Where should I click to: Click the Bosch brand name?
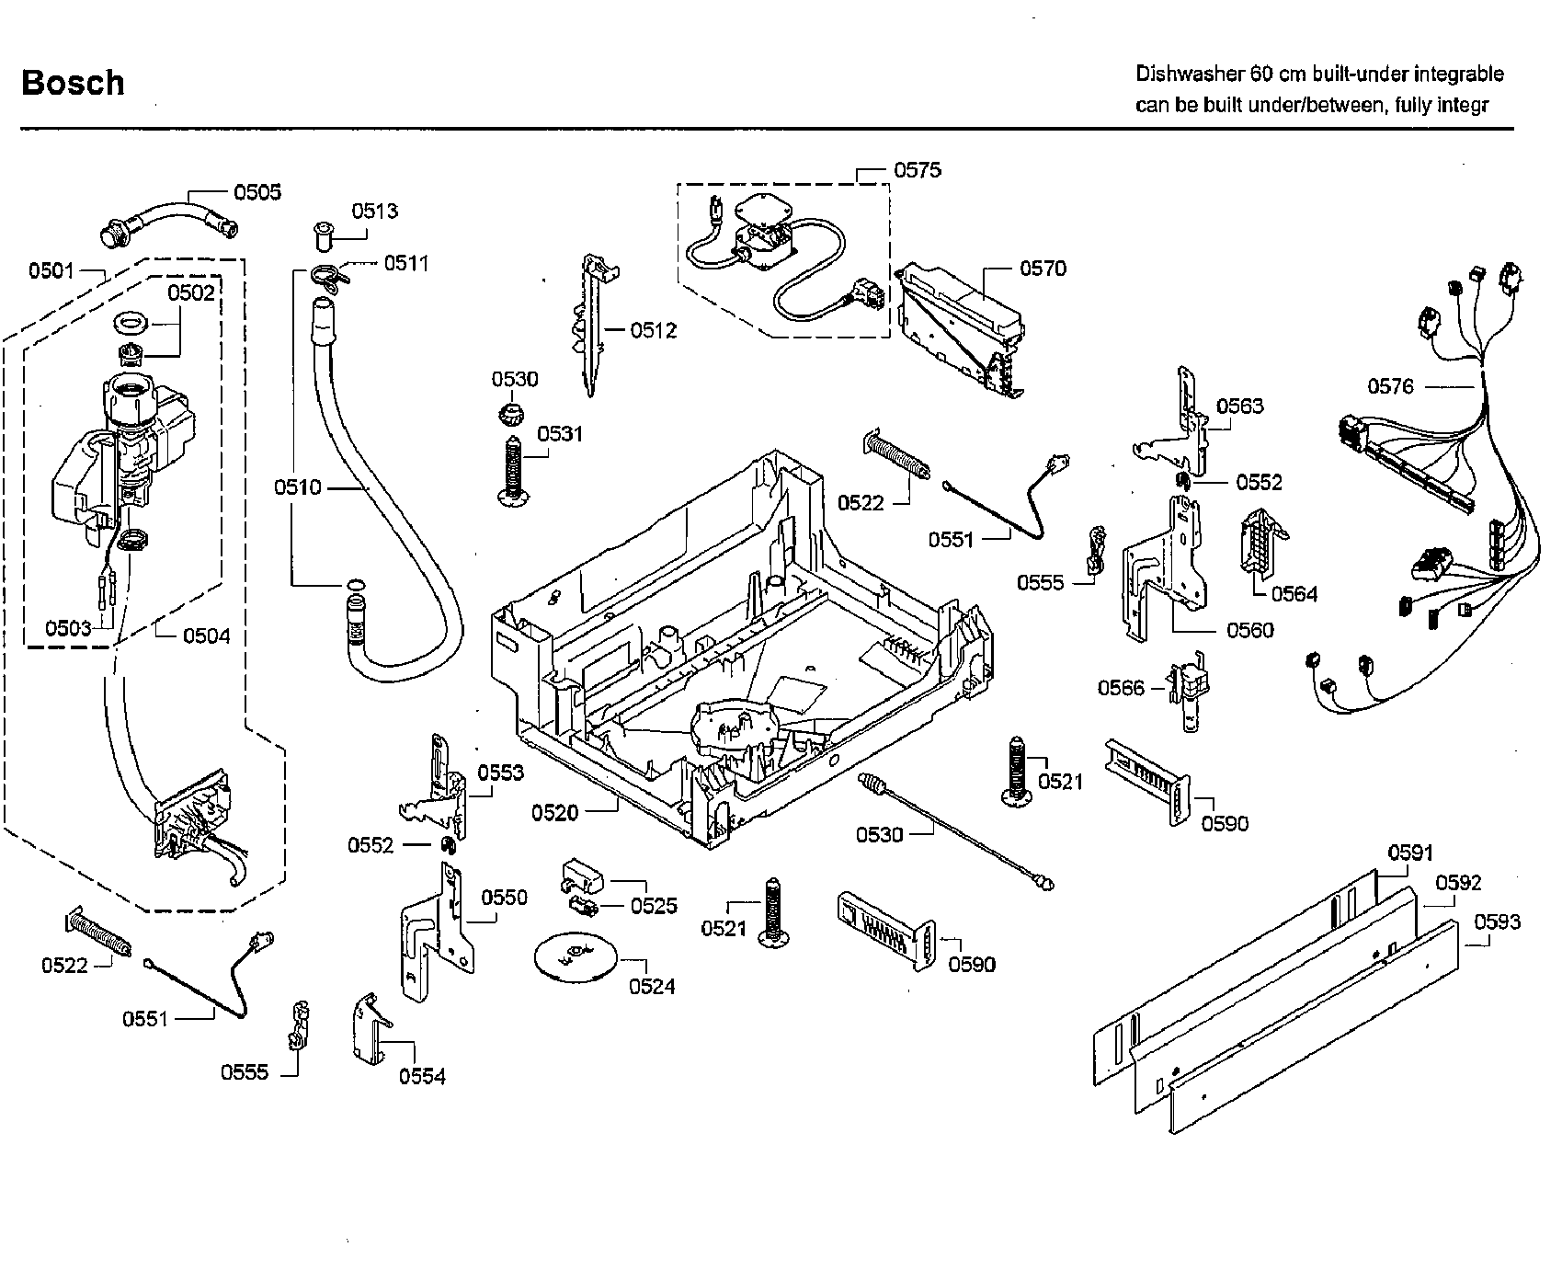click(73, 83)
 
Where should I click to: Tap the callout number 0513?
click(374, 212)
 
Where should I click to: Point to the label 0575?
click(917, 170)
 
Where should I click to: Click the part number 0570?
click(1043, 269)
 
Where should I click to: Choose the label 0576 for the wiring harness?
click(1390, 387)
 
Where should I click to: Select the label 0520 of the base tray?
click(554, 812)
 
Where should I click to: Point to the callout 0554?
click(422, 1076)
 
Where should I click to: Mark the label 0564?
click(1294, 594)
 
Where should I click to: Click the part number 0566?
click(1121, 689)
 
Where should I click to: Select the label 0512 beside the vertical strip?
click(653, 331)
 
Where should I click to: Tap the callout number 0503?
click(68, 628)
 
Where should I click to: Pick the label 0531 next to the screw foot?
click(560, 433)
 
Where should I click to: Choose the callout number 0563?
click(1239, 406)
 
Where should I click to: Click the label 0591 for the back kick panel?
click(1409, 853)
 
